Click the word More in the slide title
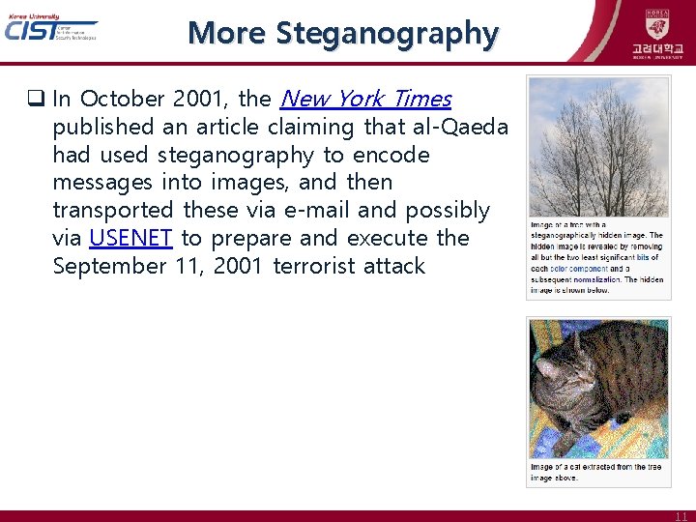tap(228, 33)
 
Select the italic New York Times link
tap(364, 99)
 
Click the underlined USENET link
tap(131, 238)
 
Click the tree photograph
tap(597, 147)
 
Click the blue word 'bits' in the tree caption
tap(643, 257)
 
